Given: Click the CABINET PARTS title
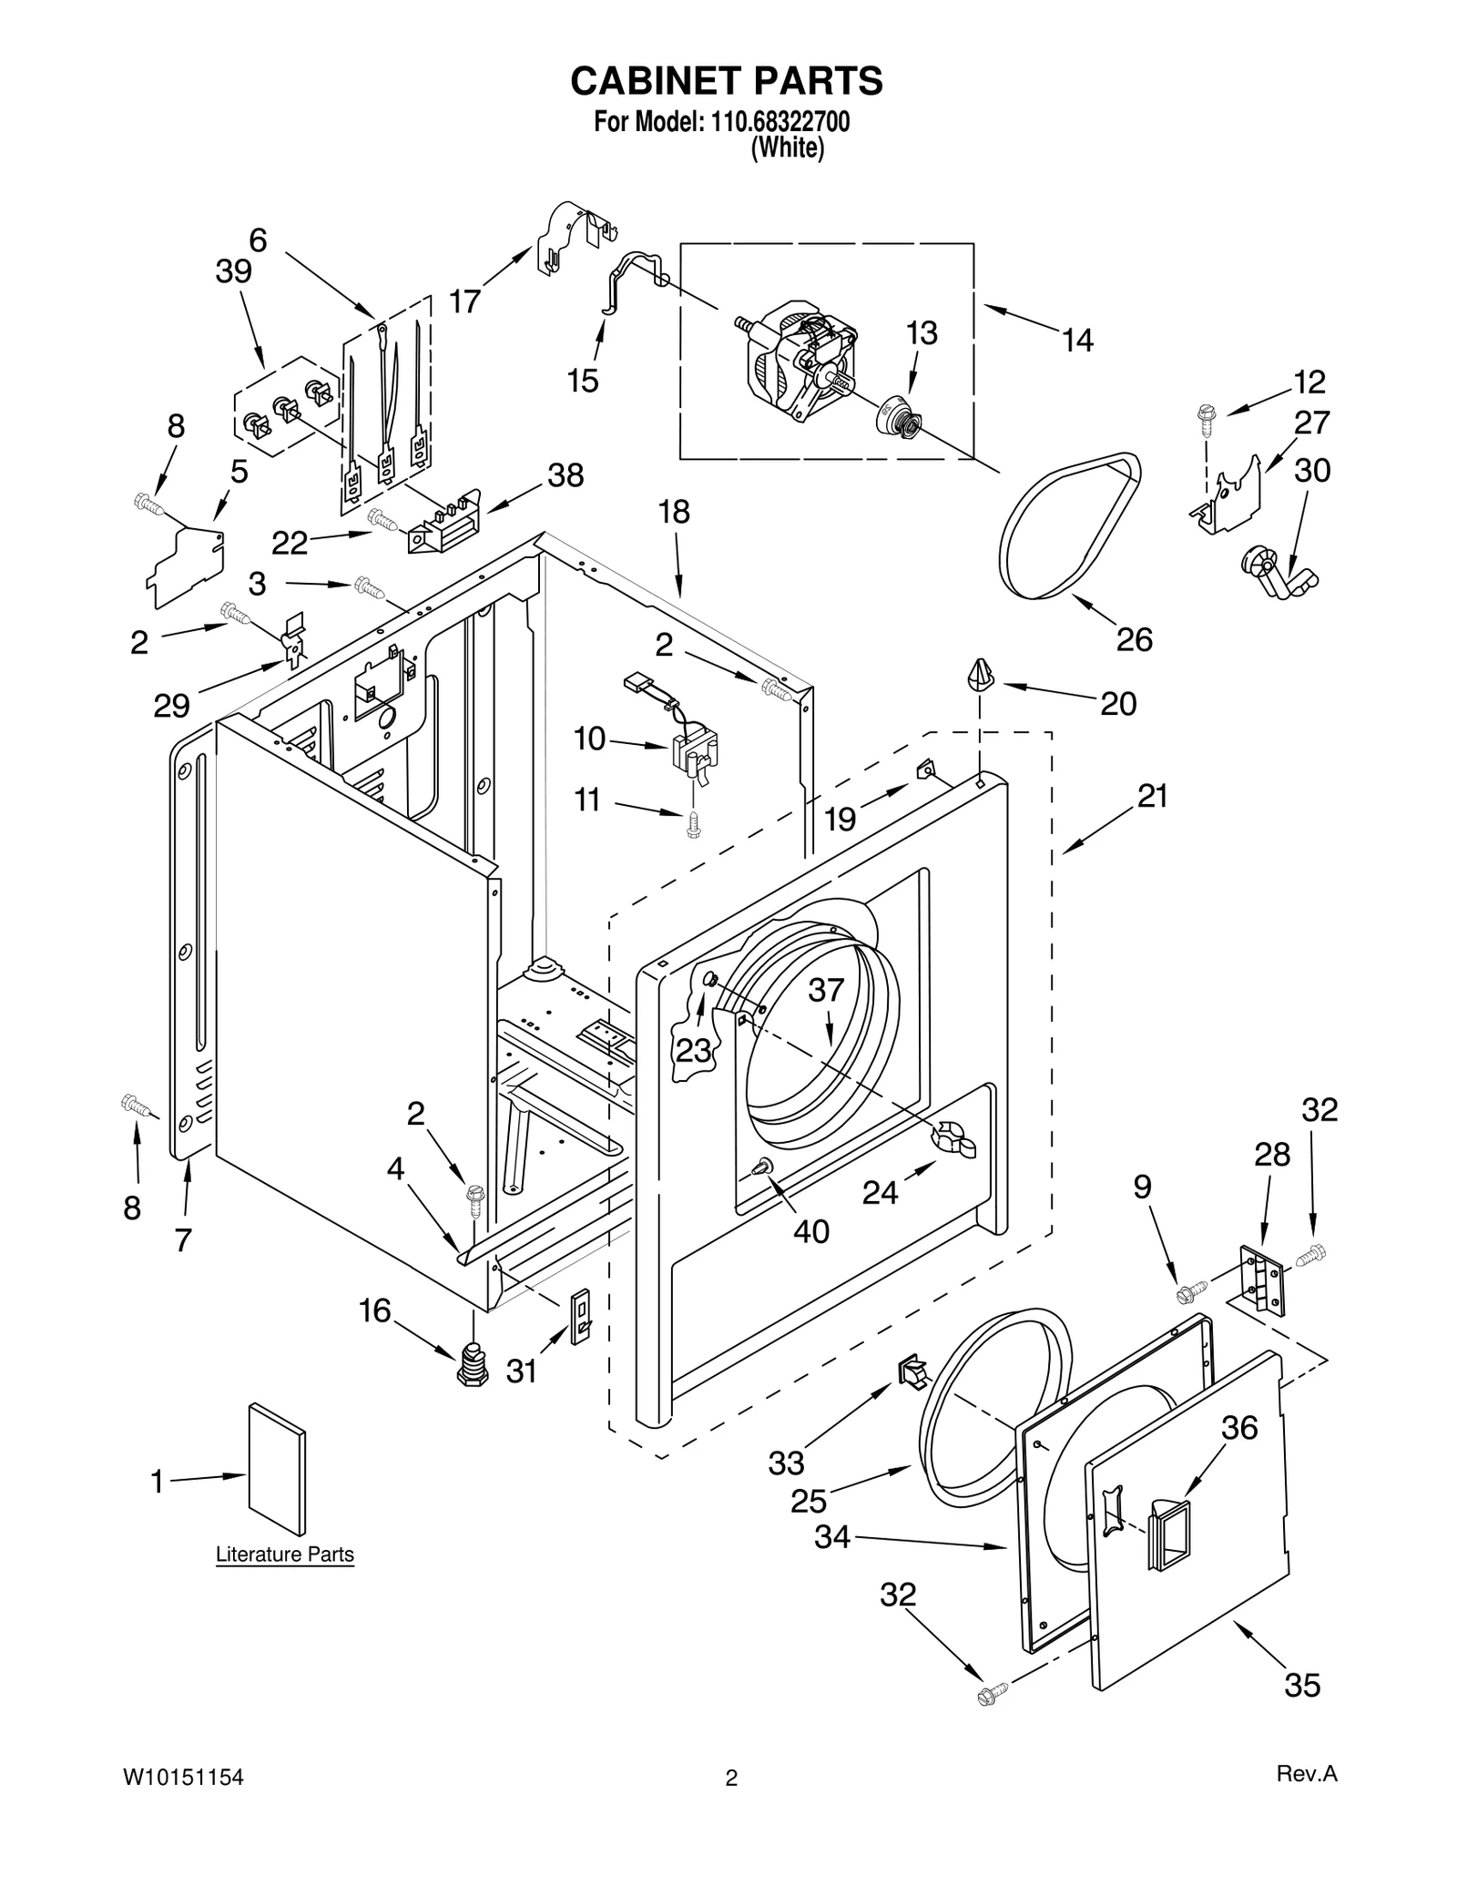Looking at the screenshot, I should pos(726,81).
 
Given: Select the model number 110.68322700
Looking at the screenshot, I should pos(775,121).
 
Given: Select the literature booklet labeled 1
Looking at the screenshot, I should pos(277,1468).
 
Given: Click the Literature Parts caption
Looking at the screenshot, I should pos(284,1555).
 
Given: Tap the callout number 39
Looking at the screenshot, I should pos(233,271).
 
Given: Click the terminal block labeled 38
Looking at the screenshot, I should pos(443,526).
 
